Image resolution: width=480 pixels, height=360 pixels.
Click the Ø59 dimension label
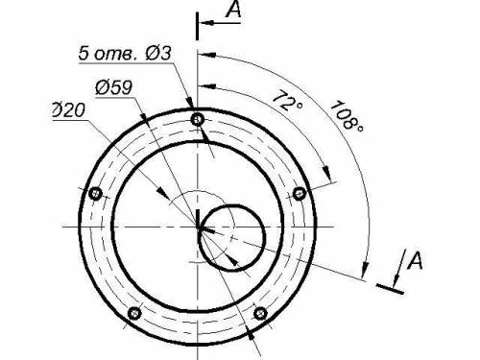coord(113,87)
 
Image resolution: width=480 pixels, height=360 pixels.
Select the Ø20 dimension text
coord(69,110)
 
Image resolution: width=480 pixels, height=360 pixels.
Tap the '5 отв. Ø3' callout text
coord(125,53)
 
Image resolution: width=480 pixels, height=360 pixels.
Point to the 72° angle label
coord(287,101)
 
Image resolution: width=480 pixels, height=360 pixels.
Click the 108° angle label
coord(347,116)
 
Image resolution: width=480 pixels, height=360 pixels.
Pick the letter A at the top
coord(233,9)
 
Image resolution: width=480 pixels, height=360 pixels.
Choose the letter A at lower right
coord(415,260)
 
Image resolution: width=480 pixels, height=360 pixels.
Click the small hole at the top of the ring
coord(198,120)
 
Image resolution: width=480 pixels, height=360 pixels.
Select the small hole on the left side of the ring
coord(95,194)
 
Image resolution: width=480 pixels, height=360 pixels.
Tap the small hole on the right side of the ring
coord(300,193)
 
